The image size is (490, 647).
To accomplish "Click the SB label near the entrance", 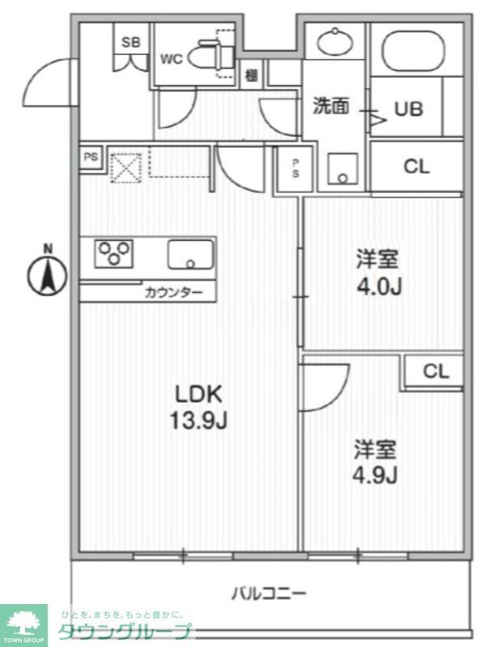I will pyautogui.click(x=130, y=43).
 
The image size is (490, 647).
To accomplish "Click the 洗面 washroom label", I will pyautogui.click(x=331, y=107).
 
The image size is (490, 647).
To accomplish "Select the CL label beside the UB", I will pyautogui.click(x=416, y=167).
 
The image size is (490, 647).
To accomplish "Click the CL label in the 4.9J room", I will pyautogui.click(x=435, y=372).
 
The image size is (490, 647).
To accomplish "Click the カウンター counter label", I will pyautogui.click(x=174, y=293).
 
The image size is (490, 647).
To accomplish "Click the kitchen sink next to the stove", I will pyautogui.click(x=191, y=255).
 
